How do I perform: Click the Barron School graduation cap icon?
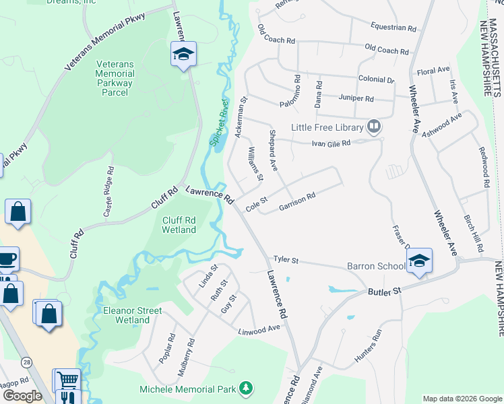[x=418, y=260]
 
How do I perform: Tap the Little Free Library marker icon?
[x=374, y=127]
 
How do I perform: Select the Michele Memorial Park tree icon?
[x=247, y=389]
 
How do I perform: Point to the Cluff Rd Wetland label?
[x=179, y=224]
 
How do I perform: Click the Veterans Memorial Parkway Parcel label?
[x=115, y=77]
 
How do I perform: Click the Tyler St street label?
[x=285, y=260]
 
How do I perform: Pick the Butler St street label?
[x=384, y=291]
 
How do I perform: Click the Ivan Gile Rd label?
[x=331, y=143]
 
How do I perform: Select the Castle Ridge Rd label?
[x=108, y=197]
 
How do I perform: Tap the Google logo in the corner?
[x=22, y=396]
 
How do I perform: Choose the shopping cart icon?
[x=66, y=380]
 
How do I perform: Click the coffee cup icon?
[x=7, y=259]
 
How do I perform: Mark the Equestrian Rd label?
[x=393, y=28]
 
